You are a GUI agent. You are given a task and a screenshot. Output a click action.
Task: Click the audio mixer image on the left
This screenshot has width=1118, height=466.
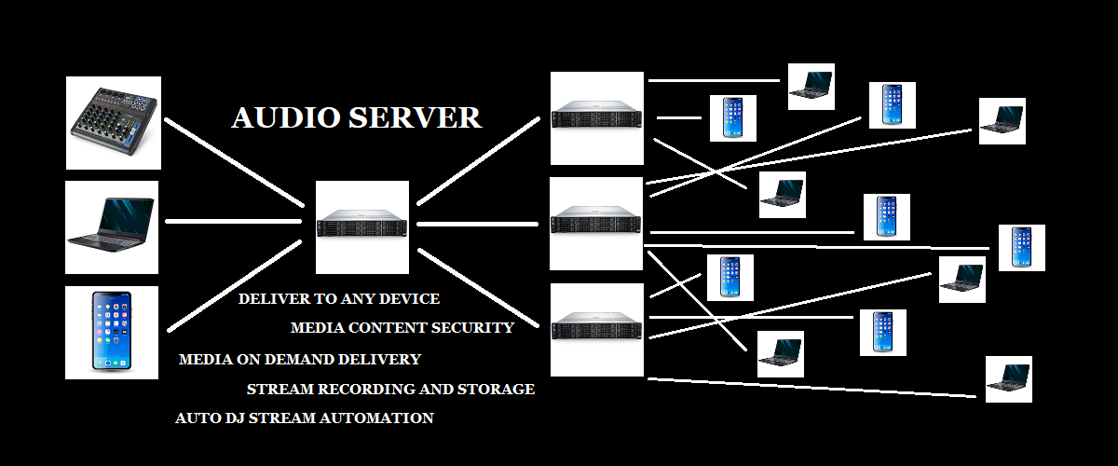114,123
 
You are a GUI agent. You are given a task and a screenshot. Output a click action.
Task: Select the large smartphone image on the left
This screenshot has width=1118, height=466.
112,332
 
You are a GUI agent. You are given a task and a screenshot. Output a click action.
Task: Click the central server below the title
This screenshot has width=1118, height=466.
362,226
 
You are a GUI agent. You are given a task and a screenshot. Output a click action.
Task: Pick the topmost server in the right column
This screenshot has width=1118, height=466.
597,118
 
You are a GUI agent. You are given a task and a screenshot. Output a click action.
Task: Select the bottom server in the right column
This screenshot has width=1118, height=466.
597,329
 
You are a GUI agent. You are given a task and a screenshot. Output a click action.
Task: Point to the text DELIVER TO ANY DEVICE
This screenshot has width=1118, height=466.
339,299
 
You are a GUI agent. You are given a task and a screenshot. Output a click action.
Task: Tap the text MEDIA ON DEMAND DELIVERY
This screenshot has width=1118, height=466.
300,359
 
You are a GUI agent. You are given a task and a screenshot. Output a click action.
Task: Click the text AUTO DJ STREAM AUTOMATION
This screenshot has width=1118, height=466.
305,418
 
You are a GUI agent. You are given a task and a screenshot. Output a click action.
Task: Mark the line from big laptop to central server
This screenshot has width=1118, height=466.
233,222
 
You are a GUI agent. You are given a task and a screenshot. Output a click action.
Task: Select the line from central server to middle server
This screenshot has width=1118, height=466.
477,224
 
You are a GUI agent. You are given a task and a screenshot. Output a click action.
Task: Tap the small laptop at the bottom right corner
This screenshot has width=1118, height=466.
1009,378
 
